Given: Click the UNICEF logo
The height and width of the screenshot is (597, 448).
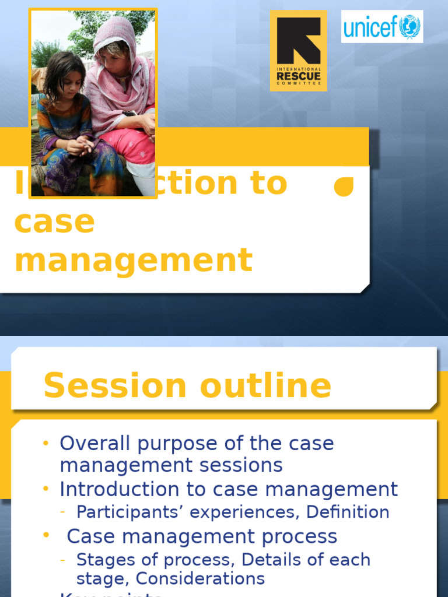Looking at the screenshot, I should coord(382,26).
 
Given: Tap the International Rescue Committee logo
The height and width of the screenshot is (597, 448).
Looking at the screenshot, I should coord(298,51).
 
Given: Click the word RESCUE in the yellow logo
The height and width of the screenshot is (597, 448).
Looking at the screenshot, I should coord(298,76).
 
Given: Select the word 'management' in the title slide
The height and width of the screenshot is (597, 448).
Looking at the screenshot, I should coord(134,260).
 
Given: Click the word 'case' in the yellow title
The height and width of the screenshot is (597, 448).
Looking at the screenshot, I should coord(54,222).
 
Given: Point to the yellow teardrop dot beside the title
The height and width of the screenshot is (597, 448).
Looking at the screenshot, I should coord(344,187).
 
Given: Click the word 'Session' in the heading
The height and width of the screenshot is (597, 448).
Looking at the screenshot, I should coord(114,386).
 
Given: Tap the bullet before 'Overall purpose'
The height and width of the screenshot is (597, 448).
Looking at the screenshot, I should coord(46,443).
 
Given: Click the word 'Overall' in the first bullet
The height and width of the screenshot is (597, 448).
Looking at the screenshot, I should coord(96,443).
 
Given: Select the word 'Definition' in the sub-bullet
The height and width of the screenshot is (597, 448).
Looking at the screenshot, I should coord(348,512).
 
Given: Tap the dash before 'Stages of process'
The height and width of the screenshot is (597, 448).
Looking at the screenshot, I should coord(63,560).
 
